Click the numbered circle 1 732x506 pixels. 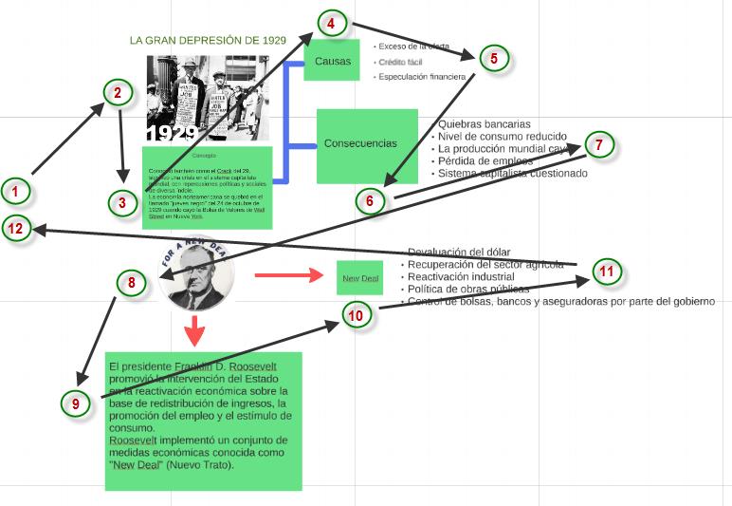[x=15, y=192]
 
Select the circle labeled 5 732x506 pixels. [x=494, y=58]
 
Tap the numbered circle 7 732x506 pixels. [x=599, y=145]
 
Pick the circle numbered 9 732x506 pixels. [x=76, y=403]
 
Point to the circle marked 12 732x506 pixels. [x=15, y=228]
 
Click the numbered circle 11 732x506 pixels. [x=608, y=272]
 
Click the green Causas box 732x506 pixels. [x=332, y=61]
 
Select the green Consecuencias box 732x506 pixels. [x=367, y=144]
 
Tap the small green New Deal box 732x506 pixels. [x=359, y=277]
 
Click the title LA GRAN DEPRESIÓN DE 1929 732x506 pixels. [x=208, y=41]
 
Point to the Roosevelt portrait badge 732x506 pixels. [x=196, y=275]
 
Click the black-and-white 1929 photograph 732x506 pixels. [x=208, y=97]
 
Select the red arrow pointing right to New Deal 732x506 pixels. [x=288, y=276]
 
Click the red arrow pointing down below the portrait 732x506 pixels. [x=195, y=331]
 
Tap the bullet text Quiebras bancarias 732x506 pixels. [x=484, y=124]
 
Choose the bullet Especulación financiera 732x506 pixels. [x=422, y=77]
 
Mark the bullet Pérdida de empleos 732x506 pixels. [x=484, y=161]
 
